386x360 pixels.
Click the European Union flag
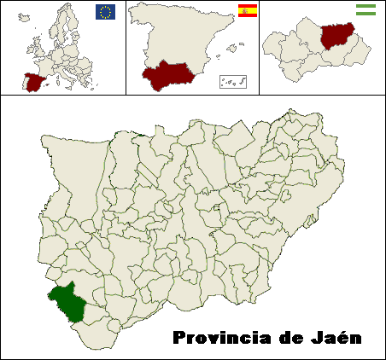(x=106, y=11)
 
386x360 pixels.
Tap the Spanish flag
(x=248, y=11)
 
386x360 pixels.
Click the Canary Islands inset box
(x=232, y=81)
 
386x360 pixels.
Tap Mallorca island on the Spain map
(x=230, y=46)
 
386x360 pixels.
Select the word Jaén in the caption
(x=335, y=338)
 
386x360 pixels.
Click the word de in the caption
(x=290, y=338)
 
